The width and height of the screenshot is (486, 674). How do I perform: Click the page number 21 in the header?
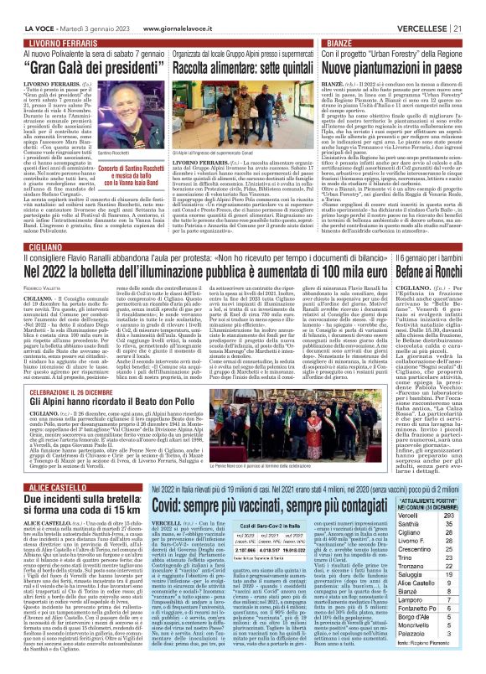click(475, 8)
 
